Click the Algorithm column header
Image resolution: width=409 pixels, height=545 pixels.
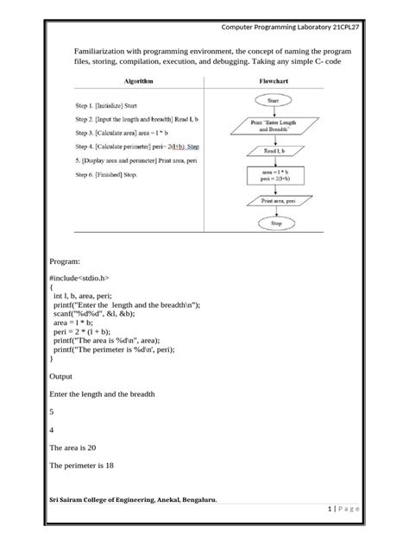(134, 79)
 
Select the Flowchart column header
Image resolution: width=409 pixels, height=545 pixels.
(278, 79)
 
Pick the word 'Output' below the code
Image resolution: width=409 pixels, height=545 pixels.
(66, 376)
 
